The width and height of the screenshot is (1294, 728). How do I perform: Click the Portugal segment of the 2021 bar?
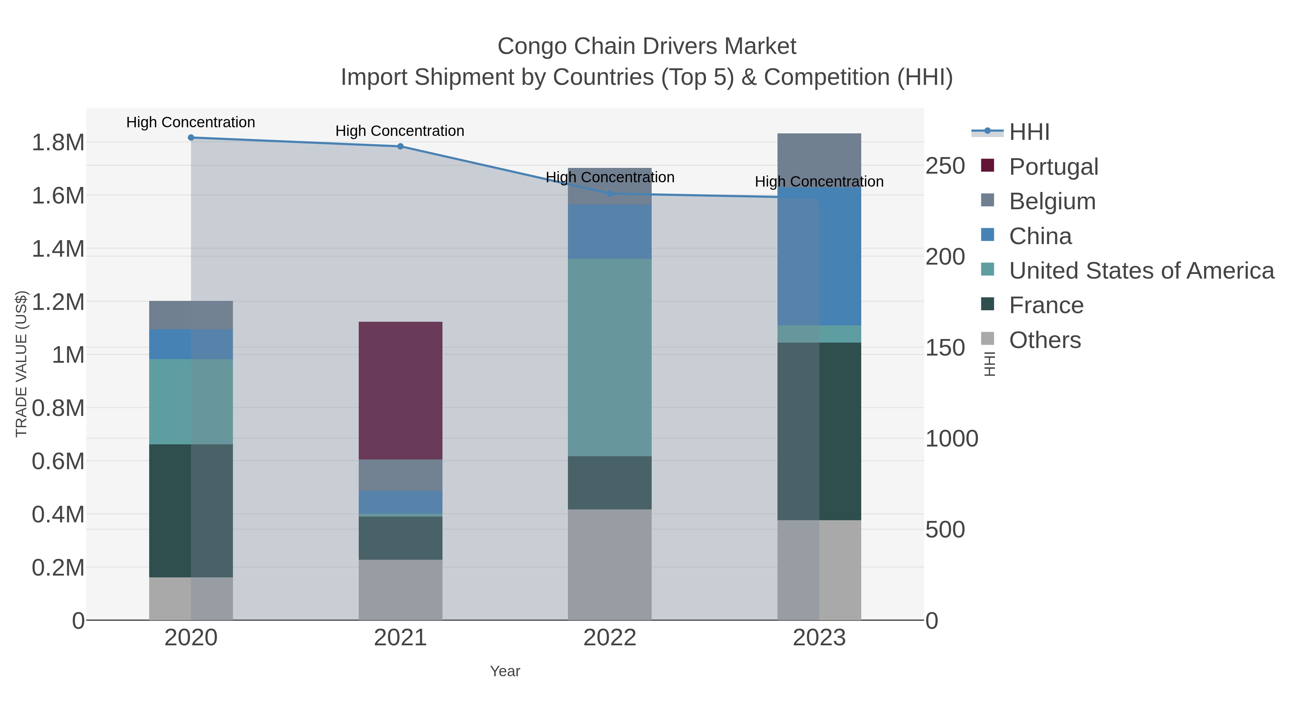point(400,390)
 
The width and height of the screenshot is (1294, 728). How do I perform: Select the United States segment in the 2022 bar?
point(609,357)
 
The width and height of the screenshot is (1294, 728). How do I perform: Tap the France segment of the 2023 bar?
point(819,431)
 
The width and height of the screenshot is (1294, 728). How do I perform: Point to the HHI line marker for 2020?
point(191,138)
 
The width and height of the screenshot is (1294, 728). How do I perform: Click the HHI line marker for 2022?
point(610,193)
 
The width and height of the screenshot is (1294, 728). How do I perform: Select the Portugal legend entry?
point(1054,167)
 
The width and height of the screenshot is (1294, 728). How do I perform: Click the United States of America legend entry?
point(1141,271)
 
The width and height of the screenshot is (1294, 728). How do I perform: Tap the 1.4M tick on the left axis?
point(58,249)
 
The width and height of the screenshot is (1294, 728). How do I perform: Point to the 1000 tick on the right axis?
point(951,439)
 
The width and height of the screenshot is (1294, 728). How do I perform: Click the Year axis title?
point(505,671)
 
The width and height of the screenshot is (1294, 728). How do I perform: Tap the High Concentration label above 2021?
point(400,131)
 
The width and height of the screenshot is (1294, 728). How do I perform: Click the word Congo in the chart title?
point(532,46)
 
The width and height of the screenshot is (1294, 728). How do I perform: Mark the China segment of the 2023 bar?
point(819,256)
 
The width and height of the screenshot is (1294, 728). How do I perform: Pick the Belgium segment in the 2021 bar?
point(400,475)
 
